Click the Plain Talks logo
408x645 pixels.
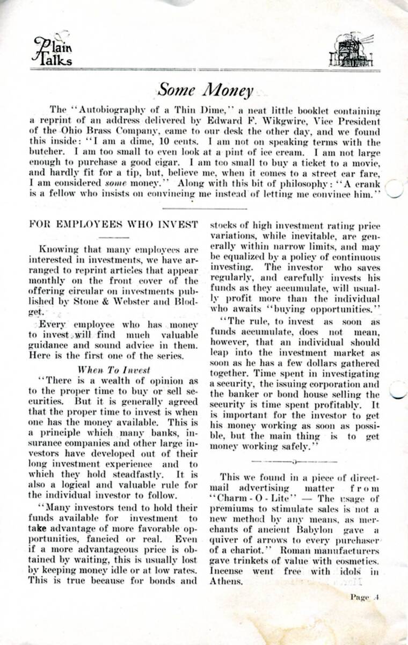[x=52, y=51]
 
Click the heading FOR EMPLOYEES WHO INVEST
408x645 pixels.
[x=114, y=224]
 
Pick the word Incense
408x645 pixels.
[x=227, y=571]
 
